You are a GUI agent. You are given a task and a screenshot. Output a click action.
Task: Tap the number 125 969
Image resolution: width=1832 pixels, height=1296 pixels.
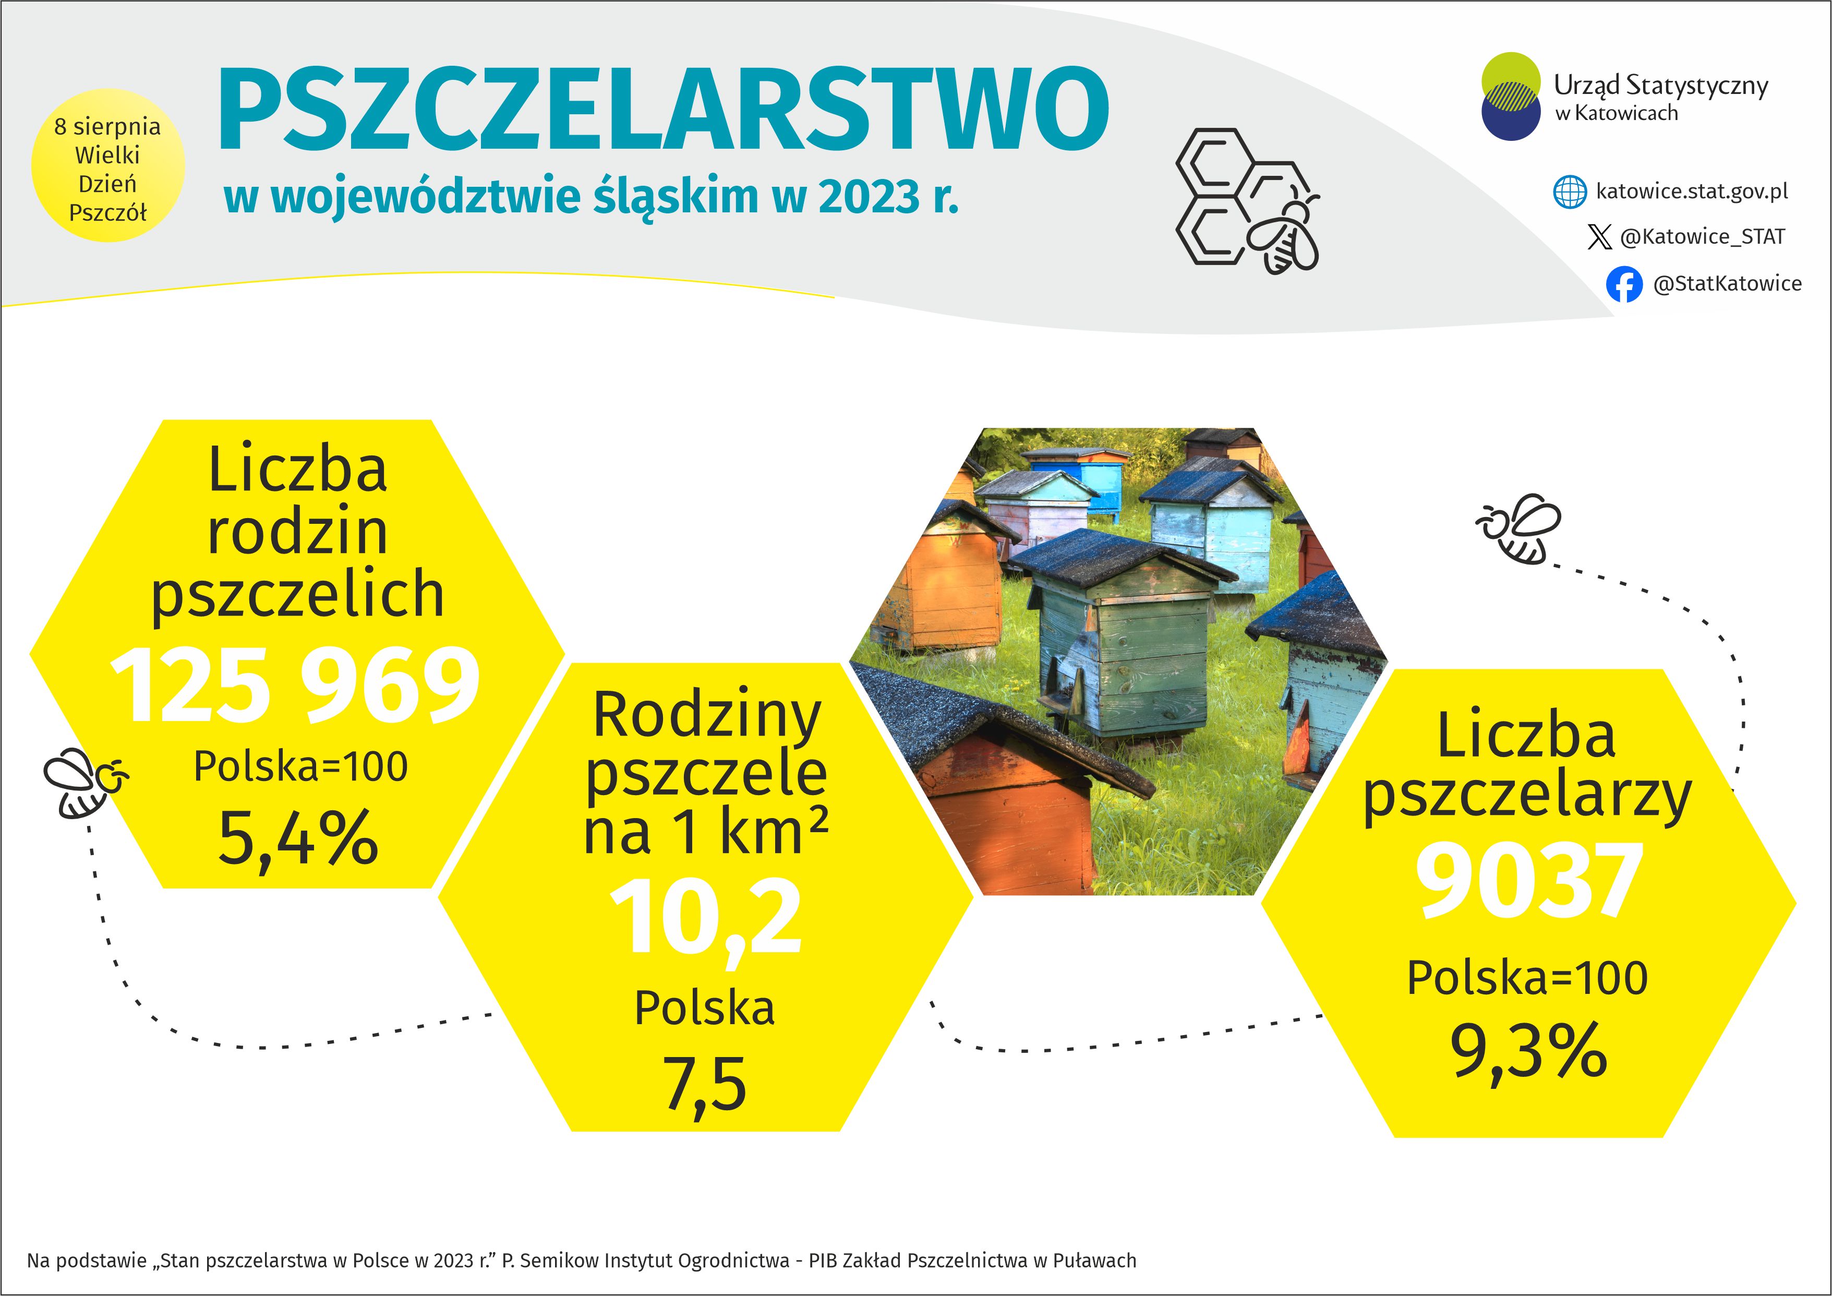pyautogui.click(x=295, y=685)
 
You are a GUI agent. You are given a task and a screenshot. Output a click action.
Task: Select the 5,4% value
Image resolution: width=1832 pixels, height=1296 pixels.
pyautogui.click(x=298, y=837)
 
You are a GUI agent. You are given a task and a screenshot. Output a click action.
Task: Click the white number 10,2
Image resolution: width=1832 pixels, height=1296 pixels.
pyautogui.click(x=705, y=918)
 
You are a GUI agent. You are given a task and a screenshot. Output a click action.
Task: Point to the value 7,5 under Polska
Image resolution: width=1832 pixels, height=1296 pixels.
pyautogui.click(x=705, y=1084)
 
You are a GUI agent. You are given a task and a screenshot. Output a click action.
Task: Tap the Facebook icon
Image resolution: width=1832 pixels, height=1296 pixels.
pyautogui.click(x=1624, y=284)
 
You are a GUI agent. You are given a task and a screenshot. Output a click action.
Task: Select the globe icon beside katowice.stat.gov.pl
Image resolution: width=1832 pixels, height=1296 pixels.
pyautogui.click(x=1570, y=193)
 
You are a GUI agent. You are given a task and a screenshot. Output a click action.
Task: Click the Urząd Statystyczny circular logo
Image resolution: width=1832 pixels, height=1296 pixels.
pyautogui.click(x=1511, y=97)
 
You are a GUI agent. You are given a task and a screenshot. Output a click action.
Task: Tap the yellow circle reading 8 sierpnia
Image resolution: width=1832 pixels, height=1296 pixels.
pyautogui.click(x=107, y=166)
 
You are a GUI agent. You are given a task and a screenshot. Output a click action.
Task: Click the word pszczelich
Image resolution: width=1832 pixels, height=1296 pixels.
pyautogui.click(x=298, y=595)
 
